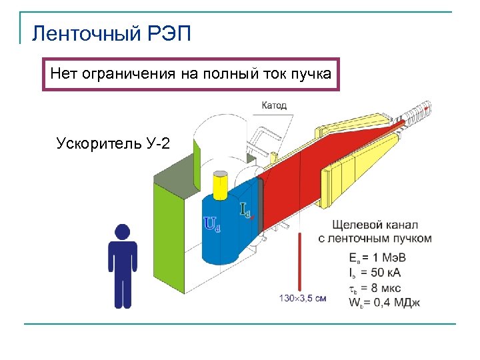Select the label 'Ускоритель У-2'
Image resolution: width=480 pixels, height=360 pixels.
(x=113, y=143)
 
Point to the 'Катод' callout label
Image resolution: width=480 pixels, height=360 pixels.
(x=274, y=105)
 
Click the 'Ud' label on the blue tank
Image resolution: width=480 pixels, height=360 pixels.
(x=211, y=224)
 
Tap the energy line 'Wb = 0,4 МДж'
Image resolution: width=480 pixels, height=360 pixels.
(x=385, y=302)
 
